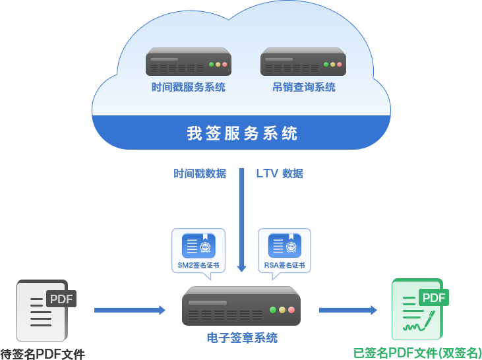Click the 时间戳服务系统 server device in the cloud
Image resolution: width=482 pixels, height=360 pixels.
click(x=188, y=62)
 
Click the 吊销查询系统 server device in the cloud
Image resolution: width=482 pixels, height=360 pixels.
click(x=303, y=62)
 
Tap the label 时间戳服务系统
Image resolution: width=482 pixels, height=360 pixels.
click(x=188, y=87)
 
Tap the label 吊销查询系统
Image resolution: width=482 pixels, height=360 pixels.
click(x=304, y=87)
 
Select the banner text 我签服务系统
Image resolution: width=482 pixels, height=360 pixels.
click(x=242, y=133)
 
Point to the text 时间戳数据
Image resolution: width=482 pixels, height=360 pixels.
click(x=200, y=173)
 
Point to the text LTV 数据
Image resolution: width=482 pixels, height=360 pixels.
click(x=280, y=173)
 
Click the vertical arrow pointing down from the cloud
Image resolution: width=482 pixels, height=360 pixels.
click(x=242, y=218)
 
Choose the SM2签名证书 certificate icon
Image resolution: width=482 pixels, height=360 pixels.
click(x=198, y=246)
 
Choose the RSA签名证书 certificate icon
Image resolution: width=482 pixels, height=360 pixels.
click(x=284, y=246)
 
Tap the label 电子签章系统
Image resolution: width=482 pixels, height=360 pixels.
click(x=242, y=338)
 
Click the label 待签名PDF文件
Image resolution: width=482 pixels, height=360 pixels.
click(x=43, y=354)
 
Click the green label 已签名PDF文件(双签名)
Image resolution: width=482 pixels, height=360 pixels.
click(x=417, y=353)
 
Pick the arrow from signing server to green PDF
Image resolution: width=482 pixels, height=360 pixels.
click(x=348, y=310)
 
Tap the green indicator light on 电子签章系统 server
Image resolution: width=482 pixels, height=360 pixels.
click(x=273, y=309)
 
